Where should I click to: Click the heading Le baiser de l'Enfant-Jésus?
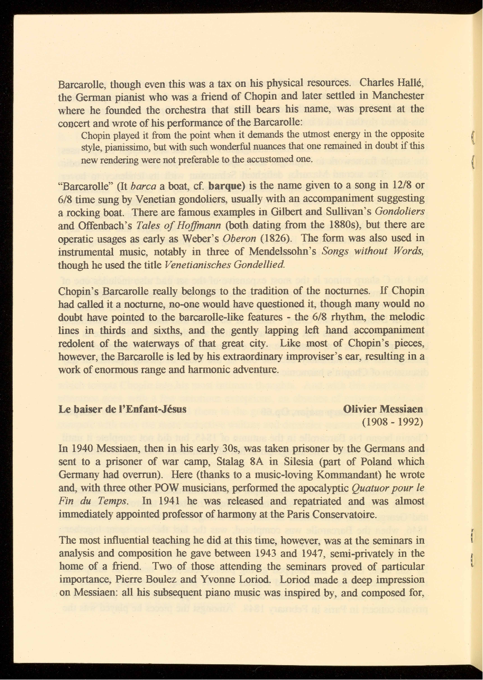(123, 409)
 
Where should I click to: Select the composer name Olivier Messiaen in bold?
(384, 409)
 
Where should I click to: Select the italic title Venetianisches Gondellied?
(226, 265)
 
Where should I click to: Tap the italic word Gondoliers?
(400, 212)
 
